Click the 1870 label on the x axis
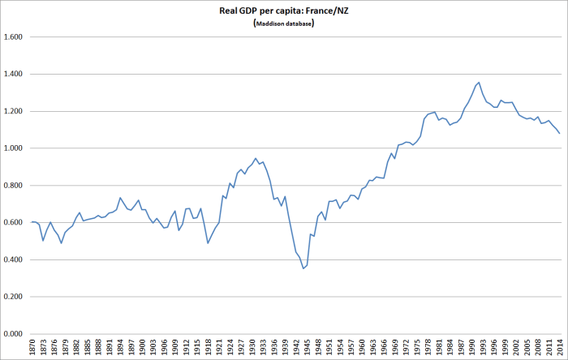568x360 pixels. point(32,346)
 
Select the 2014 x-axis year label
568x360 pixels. point(559,346)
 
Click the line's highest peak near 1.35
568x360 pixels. point(479,82)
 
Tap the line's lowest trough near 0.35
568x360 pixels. point(303,268)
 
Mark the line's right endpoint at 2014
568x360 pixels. point(559,133)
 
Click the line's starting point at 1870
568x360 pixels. point(32,221)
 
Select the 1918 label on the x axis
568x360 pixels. point(208,346)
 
